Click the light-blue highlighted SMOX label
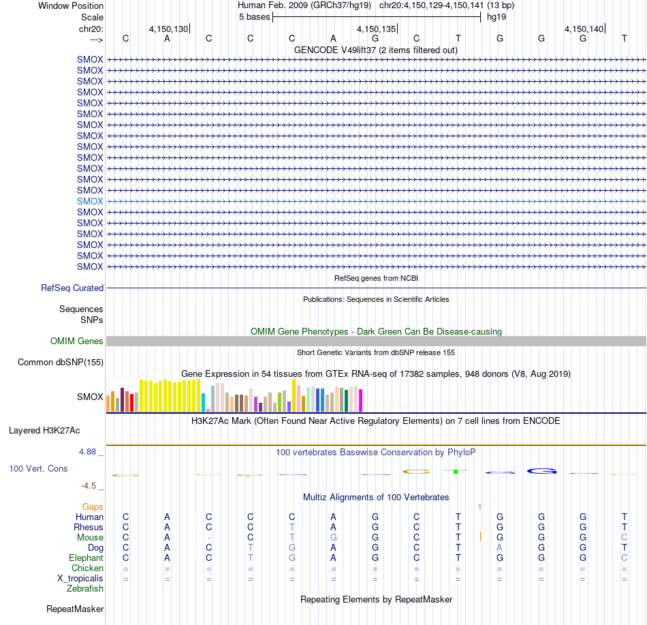point(90,202)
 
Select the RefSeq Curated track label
point(72,288)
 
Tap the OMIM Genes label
point(77,341)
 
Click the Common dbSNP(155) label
point(61,362)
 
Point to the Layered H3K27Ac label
point(44,431)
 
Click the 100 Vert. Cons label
point(38,468)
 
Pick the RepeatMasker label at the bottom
point(75,609)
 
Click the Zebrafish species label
point(85,589)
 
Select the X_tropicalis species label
point(80,579)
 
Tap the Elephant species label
point(86,558)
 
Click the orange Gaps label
point(93,507)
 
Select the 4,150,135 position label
point(377,29)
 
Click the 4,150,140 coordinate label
point(584,29)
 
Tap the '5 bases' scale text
point(254,17)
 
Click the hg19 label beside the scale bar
point(496,17)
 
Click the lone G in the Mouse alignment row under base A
point(334,538)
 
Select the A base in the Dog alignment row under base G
point(500,548)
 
